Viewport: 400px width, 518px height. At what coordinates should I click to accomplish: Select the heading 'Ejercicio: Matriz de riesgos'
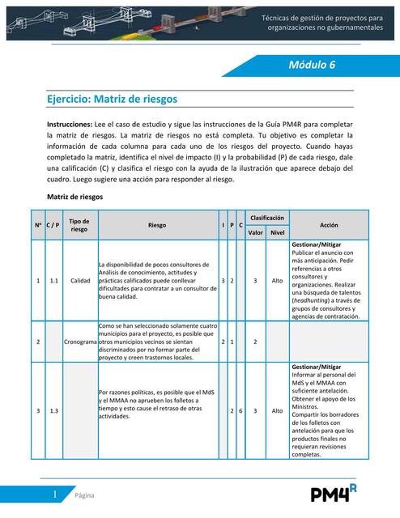point(113,99)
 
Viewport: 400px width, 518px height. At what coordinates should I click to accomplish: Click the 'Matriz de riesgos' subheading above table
point(75,197)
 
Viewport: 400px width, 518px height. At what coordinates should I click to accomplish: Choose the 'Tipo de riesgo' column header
point(79,225)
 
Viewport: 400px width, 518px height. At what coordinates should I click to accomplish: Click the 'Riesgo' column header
point(158,225)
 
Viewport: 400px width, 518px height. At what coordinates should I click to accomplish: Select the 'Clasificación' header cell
point(266,219)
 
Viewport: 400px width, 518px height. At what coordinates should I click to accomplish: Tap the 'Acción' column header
point(329,225)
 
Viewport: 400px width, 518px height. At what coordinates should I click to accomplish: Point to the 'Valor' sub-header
point(256,232)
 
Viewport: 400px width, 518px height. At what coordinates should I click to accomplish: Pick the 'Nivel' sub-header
point(277,232)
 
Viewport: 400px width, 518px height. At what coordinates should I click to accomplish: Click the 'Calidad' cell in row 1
point(80,281)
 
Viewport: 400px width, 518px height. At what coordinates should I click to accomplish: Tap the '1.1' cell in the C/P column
point(53,281)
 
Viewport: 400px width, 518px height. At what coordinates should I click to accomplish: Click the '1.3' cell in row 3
point(53,411)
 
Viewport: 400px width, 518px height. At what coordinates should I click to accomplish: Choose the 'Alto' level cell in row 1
point(277,281)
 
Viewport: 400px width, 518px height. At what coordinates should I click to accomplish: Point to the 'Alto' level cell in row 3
point(277,411)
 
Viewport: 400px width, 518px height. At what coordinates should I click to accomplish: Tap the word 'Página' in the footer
point(84,495)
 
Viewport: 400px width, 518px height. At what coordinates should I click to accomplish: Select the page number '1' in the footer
point(54,494)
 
